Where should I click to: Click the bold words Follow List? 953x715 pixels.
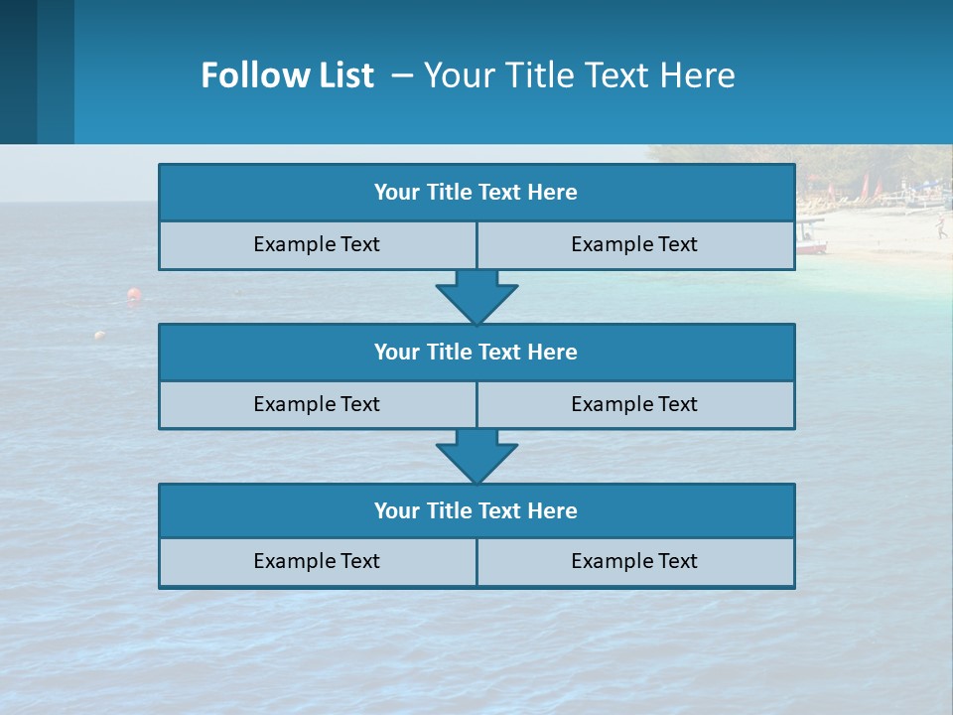coord(287,75)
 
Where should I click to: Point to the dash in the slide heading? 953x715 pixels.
coord(403,75)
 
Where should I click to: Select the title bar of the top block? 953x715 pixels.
coord(476,193)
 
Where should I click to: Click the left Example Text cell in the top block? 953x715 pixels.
coord(317,245)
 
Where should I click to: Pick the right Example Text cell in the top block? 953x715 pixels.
coord(634,245)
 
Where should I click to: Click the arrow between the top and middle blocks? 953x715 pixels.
coord(476,296)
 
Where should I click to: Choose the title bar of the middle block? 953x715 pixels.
coord(476,353)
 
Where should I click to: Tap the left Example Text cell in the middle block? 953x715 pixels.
coord(317,405)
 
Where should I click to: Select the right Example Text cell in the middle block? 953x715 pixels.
coord(634,405)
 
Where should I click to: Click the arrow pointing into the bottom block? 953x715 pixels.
coord(476,456)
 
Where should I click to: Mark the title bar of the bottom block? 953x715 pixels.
coord(476,511)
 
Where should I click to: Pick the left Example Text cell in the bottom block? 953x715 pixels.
coord(317,562)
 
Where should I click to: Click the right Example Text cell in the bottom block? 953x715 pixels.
coord(634,562)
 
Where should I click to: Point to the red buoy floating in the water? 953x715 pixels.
coord(133,294)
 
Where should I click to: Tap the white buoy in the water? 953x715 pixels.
coord(99,336)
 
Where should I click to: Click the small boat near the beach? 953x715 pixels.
coord(811,239)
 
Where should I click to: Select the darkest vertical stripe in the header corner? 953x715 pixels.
coord(18,71)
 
